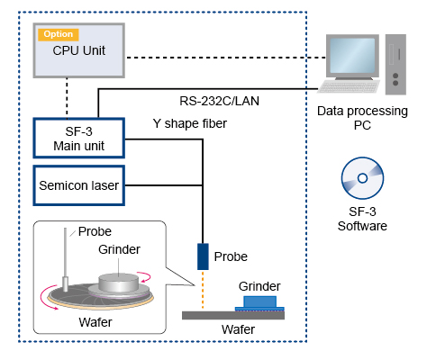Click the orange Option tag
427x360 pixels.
pos(59,34)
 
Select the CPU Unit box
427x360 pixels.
pos(79,50)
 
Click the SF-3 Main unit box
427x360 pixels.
pos(79,138)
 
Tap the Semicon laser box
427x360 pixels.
pos(79,185)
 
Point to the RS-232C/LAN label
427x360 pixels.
pos(219,101)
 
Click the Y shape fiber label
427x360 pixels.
pos(190,123)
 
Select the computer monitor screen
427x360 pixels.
pos(352,56)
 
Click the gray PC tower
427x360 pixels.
pos(395,65)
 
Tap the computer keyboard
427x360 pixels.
pos(349,86)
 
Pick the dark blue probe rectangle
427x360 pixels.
pos(203,256)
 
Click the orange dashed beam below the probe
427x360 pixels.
pos(203,290)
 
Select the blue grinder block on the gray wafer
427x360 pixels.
pos(259,303)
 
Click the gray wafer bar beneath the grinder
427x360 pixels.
pos(233,315)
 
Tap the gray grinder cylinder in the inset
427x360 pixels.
pos(119,283)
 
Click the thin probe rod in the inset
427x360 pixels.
pos(65,259)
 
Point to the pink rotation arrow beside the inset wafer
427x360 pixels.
pos(45,300)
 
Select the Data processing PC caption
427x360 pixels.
pos(362,118)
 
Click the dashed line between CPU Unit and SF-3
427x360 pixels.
pos(67,98)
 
